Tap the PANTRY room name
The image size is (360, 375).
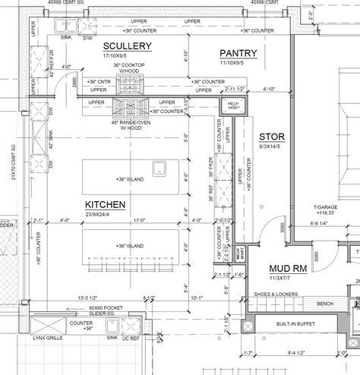click(x=238, y=53)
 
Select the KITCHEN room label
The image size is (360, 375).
click(x=105, y=205)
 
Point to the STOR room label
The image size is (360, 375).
click(x=270, y=137)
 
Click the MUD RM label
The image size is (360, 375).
click(x=288, y=269)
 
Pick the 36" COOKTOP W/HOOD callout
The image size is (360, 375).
click(x=128, y=68)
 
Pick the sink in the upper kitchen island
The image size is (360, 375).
click(x=159, y=168)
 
